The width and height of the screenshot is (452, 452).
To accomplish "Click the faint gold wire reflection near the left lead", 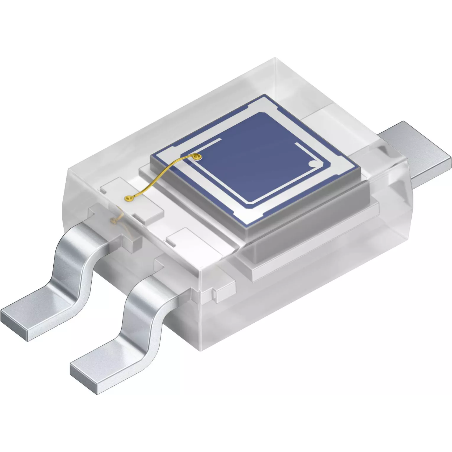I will tap(116, 218).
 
